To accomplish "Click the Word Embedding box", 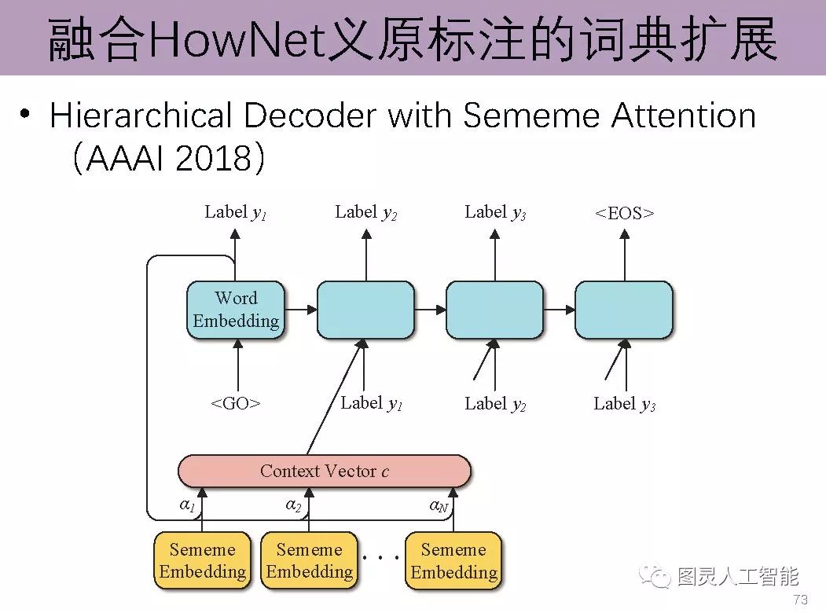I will (x=236, y=310).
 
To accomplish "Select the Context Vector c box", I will (x=324, y=472).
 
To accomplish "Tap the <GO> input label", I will (x=236, y=404).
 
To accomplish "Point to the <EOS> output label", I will (x=625, y=213).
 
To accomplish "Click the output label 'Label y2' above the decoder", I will (x=365, y=212).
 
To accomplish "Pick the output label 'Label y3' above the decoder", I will (x=495, y=212).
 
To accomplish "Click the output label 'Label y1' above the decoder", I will (x=235, y=212).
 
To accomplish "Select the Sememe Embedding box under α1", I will (x=203, y=560).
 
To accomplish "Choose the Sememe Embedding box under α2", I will (x=309, y=560).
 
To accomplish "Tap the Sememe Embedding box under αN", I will (x=453, y=560).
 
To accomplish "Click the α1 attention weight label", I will (x=187, y=505).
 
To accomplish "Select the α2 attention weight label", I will (x=293, y=505).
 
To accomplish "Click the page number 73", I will (x=801, y=600).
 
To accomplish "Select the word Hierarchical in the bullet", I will (x=141, y=116).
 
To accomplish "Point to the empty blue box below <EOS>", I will (x=624, y=310).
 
